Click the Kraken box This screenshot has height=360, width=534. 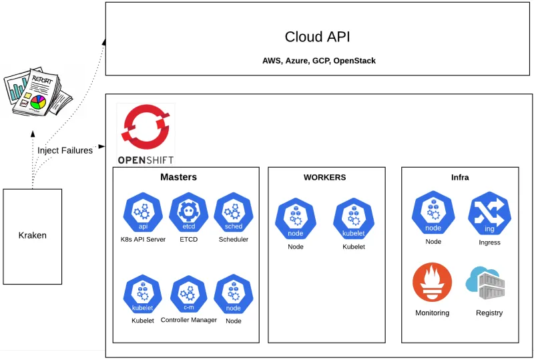tap(33, 236)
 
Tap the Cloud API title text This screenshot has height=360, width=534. tap(317, 37)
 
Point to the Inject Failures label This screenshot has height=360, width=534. tap(65, 150)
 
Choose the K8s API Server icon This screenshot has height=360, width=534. tap(143, 213)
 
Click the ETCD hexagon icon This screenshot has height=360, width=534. tap(189, 213)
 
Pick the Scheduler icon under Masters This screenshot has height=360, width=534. tap(233, 213)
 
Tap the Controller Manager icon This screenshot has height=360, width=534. tap(189, 295)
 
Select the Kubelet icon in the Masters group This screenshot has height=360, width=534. tap(143, 295)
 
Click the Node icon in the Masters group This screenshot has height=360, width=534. tap(233, 295)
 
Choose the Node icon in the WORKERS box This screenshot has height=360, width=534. tap(295, 220)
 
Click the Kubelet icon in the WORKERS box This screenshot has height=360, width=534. tap(353, 220)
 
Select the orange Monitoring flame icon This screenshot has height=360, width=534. tap(433, 283)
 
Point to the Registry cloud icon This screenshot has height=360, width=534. tap(487, 283)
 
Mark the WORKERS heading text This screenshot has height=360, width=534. tap(325, 178)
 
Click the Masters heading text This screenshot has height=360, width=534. tap(178, 178)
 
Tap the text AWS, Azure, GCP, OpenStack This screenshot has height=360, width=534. tap(318, 61)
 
